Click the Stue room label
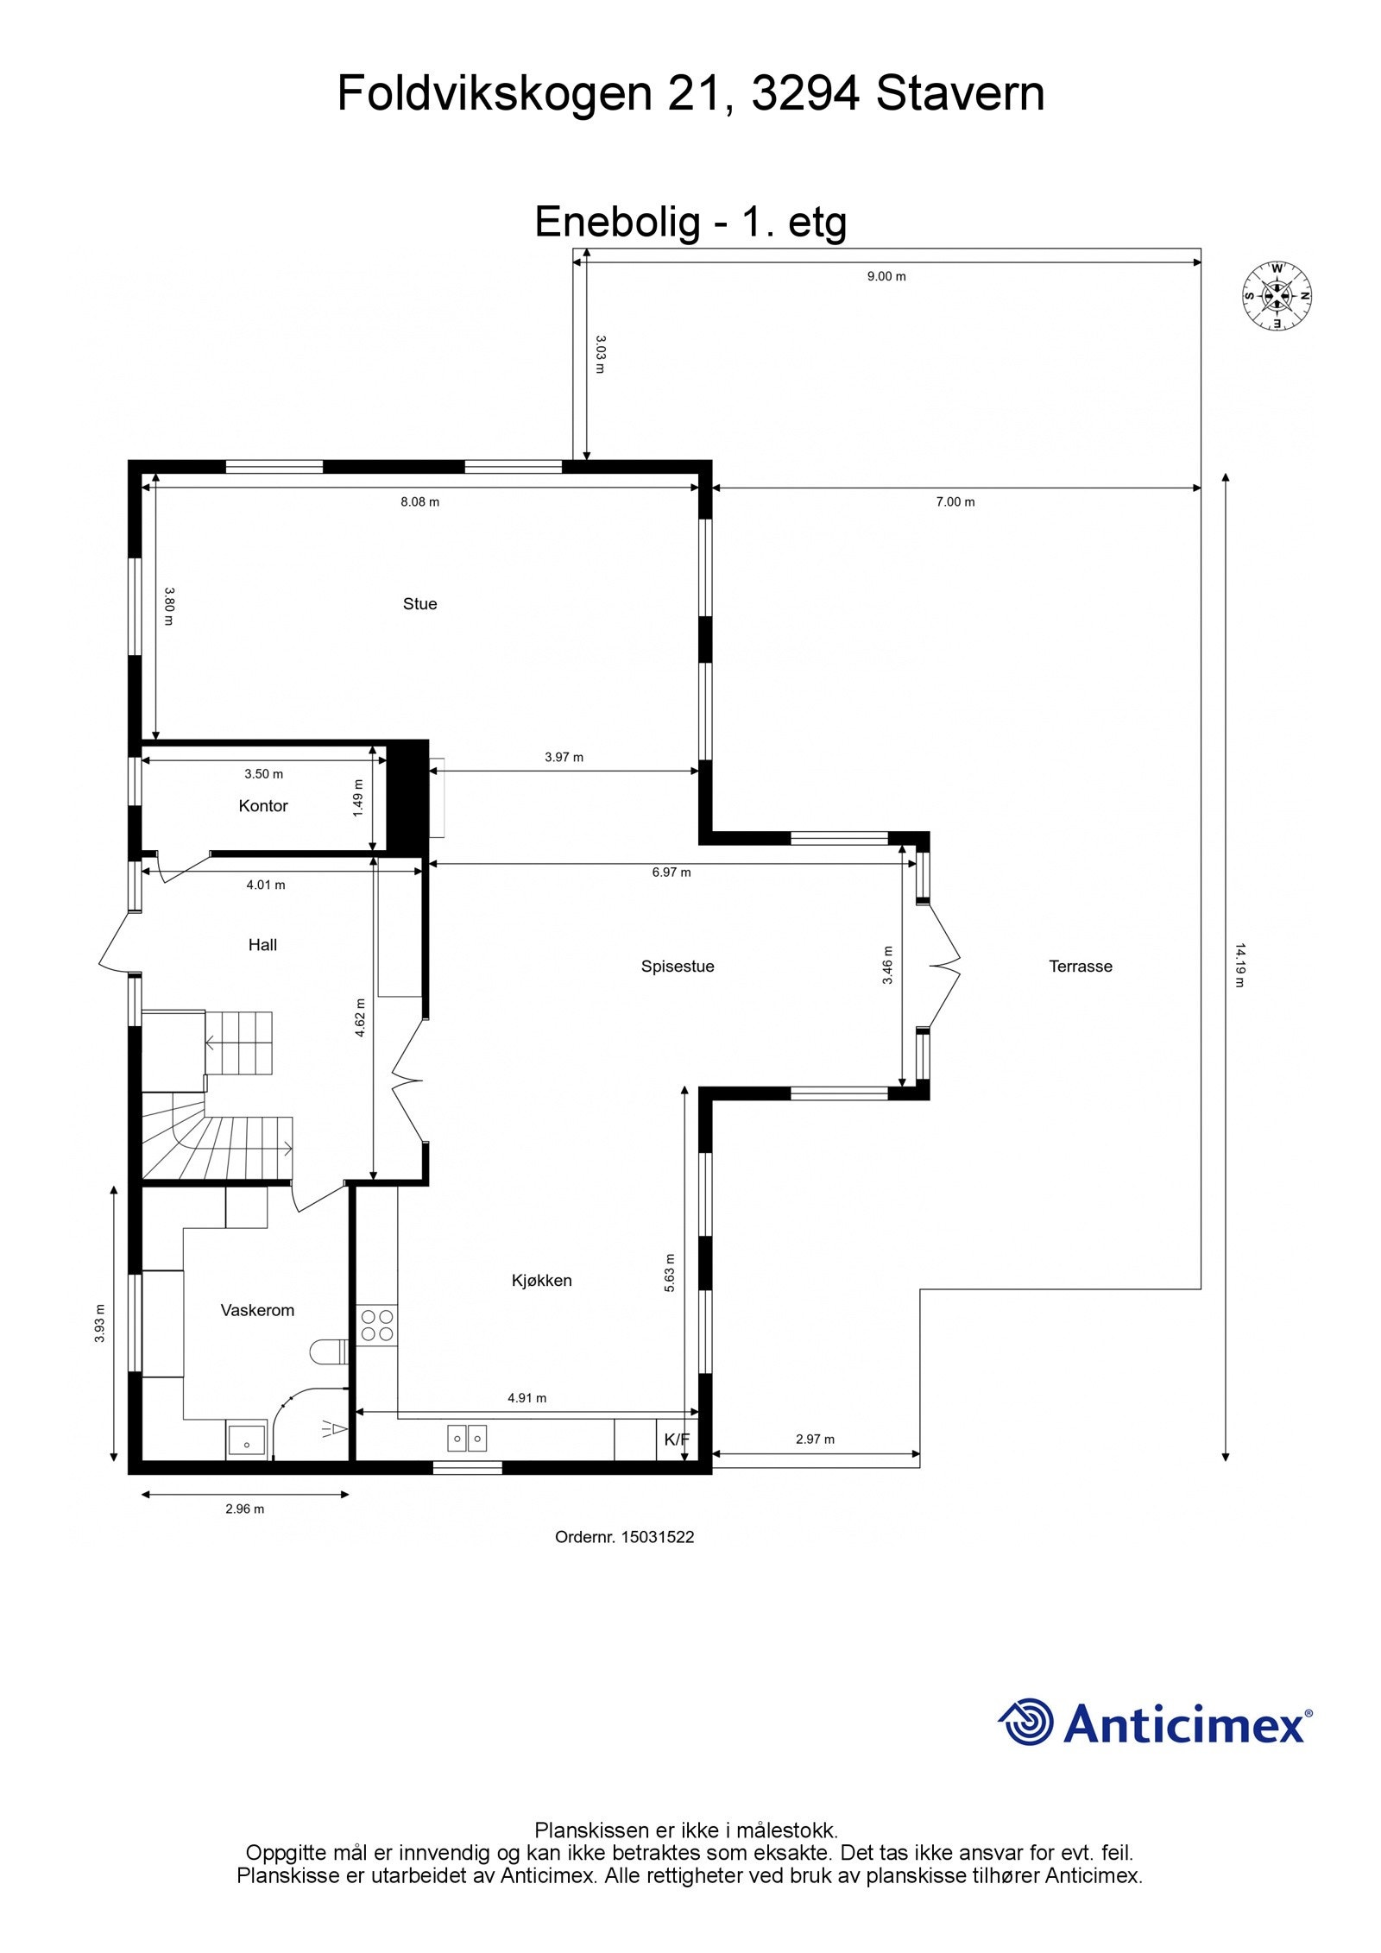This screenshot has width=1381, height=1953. click(419, 604)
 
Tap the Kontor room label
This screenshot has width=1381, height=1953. click(263, 805)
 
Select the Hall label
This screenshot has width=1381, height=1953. click(262, 945)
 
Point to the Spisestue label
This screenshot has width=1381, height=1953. click(678, 967)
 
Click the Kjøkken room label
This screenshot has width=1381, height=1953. click(542, 1281)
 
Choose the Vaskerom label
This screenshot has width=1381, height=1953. click(257, 1310)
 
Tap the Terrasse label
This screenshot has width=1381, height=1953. click(1081, 967)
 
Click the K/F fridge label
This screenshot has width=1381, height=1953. click(677, 1440)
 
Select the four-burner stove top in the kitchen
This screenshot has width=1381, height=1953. click(377, 1325)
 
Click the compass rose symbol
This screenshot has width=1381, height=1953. click(1277, 296)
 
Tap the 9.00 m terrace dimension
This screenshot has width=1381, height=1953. click(886, 277)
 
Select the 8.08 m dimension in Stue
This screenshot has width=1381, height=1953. click(419, 502)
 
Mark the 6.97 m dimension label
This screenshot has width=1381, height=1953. click(672, 873)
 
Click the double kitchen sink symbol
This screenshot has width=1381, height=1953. click(467, 1438)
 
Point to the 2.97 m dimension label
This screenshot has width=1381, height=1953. click(815, 1440)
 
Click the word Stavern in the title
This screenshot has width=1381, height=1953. click(960, 93)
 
